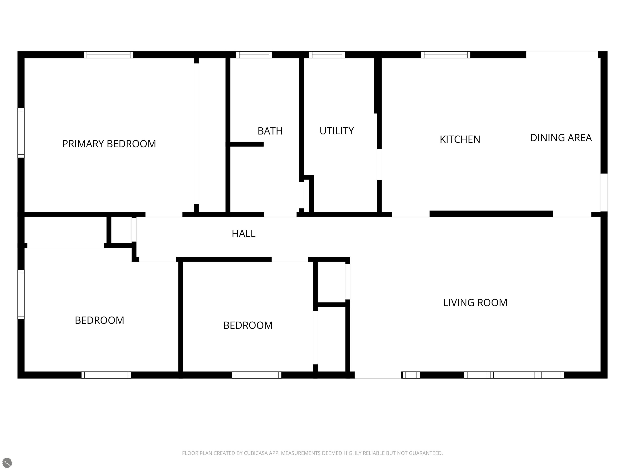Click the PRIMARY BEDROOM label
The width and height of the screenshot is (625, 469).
[109, 144]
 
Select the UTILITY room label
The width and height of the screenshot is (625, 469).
[337, 131]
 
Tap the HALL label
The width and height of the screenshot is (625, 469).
[243, 233]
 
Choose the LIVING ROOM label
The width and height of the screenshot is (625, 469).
[475, 303]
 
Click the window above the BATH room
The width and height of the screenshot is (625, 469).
[254, 55]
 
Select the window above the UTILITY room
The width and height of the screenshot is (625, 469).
[327, 55]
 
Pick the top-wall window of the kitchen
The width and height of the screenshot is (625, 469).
[446, 55]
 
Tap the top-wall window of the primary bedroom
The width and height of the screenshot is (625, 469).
[108, 55]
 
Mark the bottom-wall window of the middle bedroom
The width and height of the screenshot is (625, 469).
[257, 375]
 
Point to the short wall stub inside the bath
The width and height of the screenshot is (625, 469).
[247, 144]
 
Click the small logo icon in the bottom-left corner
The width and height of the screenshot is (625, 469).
[7, 462]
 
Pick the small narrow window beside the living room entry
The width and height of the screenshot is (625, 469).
[411, 375]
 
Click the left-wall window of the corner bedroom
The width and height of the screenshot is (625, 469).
[21, 295]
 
